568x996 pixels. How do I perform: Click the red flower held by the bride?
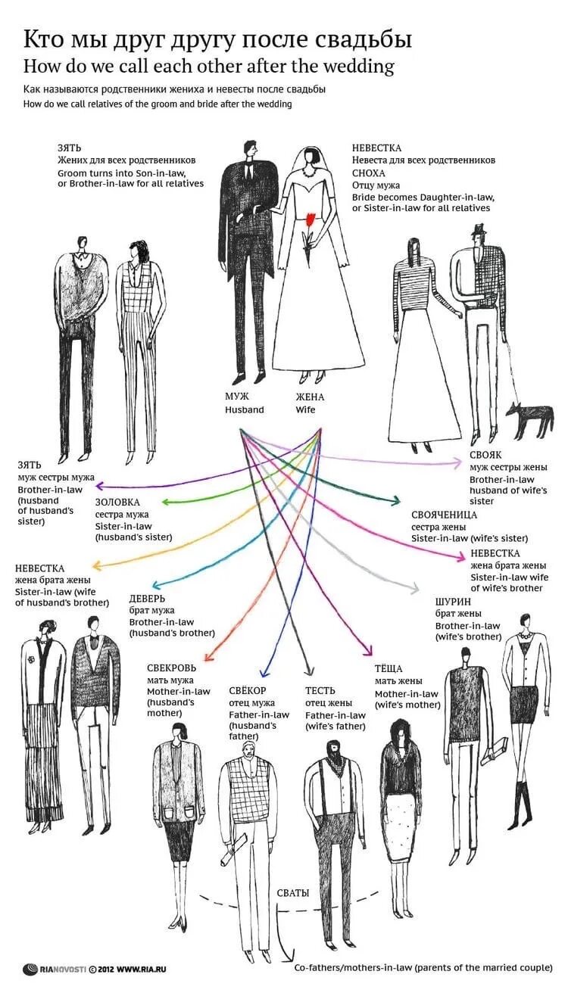309,220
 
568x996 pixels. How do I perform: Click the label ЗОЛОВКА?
117,502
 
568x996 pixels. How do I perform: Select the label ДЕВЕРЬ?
147,598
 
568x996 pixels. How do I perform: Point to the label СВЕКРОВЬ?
172,668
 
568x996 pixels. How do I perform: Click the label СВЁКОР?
248,690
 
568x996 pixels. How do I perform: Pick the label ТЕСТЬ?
320,690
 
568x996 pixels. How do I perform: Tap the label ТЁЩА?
389,669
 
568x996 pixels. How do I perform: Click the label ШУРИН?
453,602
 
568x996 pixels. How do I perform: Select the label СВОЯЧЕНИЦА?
444,515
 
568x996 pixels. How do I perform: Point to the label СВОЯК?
485,456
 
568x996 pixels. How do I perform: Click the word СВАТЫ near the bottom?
293,893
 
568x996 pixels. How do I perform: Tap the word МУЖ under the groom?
236,397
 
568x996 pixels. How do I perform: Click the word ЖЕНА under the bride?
309,397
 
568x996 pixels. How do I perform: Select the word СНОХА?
368,173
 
